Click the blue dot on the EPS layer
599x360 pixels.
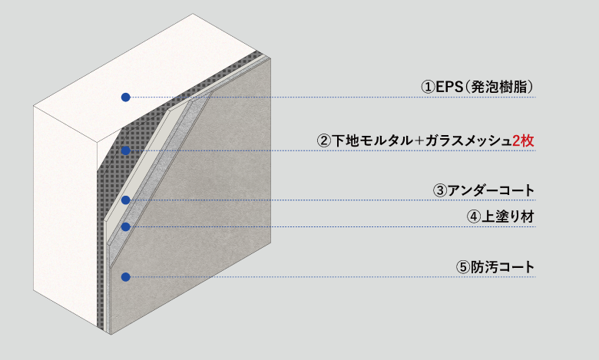[x=126, y=97]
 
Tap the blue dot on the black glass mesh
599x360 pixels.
[x=126, y=150]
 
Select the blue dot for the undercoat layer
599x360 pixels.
[x=126, y=200]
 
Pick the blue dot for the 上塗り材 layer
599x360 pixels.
[x=126, y=226]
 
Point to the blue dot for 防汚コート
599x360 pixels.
[x=126, y=277]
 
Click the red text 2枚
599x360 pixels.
[x=523, y=141]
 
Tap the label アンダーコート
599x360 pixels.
[x=491, y=190]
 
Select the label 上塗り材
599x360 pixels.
[x=508, y=216]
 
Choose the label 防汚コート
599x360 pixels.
[x=502, y=267]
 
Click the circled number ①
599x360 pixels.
[x=429, y=88]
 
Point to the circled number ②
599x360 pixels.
[x=324, y=141]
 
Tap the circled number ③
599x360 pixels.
[x=440, y=190]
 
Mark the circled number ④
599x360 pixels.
[x=474, y=217]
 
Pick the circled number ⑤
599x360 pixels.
[x=463, y=267]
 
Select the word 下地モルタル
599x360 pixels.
[x=372, y=141]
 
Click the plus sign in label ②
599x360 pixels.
[x=419, y=141]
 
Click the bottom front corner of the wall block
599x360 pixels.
[x=111, y=335]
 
